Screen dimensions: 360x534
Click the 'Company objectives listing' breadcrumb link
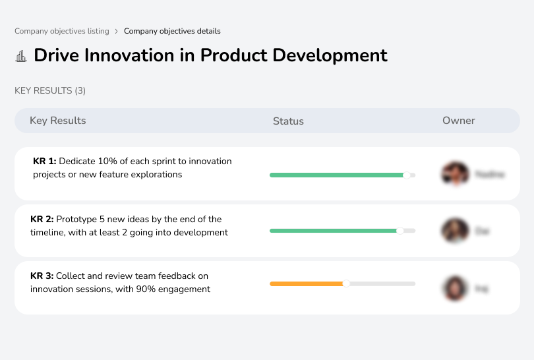pos(61,31)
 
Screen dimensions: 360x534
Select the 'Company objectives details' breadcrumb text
pos(172,31)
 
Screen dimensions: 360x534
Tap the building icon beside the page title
pos(21,56)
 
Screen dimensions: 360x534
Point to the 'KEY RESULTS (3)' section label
pos(50,90)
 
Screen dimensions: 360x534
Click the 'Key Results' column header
pos(58,121)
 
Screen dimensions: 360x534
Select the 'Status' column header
pos(288,121)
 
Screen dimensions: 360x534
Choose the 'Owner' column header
pos(459,121)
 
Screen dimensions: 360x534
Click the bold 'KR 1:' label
pos(45,162)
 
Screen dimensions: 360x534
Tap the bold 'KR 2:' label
pos(42,220)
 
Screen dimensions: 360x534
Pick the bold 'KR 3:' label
pos(42,276)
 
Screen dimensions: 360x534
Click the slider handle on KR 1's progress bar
pos(407,175)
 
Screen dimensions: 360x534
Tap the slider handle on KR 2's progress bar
pos(400,231)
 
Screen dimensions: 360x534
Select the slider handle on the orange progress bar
pos(346,284)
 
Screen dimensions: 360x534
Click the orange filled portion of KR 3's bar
pos(307,284)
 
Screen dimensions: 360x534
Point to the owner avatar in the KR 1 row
pos(455,174)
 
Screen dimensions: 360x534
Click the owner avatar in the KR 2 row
pos(455,231)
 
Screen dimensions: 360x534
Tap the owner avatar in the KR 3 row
pos(455,288)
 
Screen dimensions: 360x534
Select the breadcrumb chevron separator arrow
pos(117,31)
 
